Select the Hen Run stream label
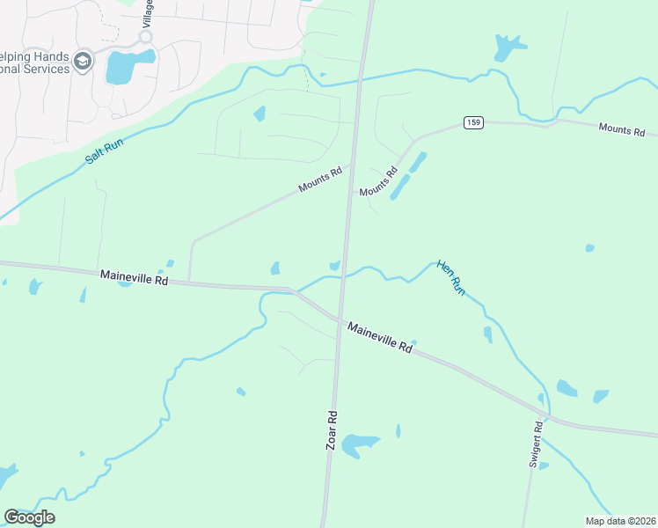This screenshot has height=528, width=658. click(x=450, y=277)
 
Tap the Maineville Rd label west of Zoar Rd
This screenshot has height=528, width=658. click(x=134, y=277)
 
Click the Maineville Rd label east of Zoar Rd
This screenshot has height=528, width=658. click(x=379, y=336)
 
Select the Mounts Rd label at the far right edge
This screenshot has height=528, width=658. click(x=622, y=130)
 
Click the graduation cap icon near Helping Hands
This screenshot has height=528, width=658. click(x=83, y=60)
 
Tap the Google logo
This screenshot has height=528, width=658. click(x=29, y=517)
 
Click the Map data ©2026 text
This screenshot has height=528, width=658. click(x=620, y=521)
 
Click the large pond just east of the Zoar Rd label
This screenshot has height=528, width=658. click(x=360, y=444)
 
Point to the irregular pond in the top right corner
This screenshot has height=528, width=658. click(x=508, y=46)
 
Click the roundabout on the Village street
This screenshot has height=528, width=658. click(x=145, y=38)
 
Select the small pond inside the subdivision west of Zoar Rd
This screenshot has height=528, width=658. click(x=260, y=114)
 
